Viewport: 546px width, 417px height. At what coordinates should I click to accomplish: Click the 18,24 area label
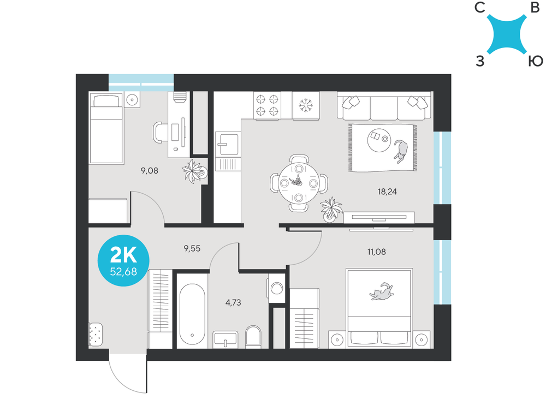(x=387, y=192)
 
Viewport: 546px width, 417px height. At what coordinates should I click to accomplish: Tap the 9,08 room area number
(x=150, y=170)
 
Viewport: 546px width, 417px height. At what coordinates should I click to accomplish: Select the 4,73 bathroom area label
(x=233, y=302)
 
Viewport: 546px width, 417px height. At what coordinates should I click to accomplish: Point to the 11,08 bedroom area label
(x=376, y=252)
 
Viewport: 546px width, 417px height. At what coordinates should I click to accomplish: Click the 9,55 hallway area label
(x=192, y=248)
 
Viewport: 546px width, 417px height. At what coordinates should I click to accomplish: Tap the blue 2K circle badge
(x=123, y=260)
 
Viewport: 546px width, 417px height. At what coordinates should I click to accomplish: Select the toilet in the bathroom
(x=253, y=336)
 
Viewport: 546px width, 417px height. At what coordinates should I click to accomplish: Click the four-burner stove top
(x=268, y=106)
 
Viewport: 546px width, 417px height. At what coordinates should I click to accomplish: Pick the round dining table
(x=299, y=183)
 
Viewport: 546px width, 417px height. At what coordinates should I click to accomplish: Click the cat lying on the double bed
(x=381, y=291)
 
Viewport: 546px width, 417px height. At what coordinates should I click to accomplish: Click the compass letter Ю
(x=536, y=61)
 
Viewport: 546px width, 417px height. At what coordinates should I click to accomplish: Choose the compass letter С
(x=480, y=7)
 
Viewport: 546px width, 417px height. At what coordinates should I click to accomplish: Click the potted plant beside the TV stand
(x=331, y=210)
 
